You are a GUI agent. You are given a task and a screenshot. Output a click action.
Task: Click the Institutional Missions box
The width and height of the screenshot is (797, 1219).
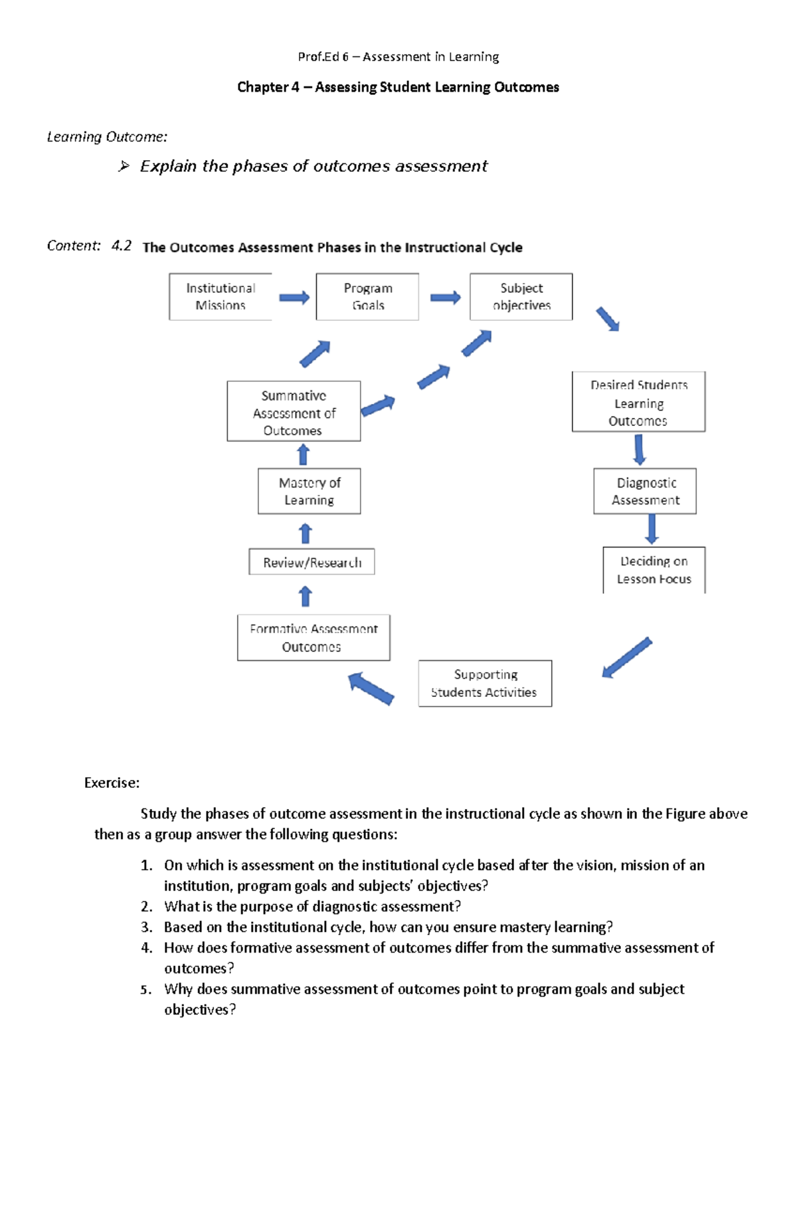[x=221, y=296]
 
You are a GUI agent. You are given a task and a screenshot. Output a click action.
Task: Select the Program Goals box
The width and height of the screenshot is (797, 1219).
[x=367, y=296]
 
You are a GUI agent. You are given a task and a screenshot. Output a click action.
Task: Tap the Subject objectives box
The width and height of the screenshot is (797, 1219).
[x=521, y=296]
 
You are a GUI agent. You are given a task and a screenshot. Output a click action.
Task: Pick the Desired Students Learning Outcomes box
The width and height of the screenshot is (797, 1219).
[x=638, y=402]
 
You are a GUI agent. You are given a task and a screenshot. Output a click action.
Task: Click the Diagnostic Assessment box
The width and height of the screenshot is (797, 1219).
[x=645, y=491]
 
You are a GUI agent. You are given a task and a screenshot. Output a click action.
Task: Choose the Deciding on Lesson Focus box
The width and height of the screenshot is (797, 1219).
[x=654, y=570]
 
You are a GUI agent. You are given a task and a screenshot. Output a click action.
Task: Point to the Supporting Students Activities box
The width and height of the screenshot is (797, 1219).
[x=485, y=683]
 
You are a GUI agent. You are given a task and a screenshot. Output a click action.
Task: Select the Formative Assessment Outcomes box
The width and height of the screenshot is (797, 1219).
[x=313, y=638]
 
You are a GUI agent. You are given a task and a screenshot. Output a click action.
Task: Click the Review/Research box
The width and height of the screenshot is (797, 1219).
[x=311, y=562]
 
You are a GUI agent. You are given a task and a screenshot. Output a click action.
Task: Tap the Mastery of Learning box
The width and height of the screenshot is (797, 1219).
[x=309, y=491]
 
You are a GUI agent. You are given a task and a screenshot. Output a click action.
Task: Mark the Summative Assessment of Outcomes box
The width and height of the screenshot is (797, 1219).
[x=294, y=412]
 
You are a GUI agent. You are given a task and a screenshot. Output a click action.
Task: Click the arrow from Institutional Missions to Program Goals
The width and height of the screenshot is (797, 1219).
[x=294, y=298]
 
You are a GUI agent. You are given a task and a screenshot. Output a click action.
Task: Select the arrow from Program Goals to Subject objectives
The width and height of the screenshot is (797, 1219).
[x=445, y=298]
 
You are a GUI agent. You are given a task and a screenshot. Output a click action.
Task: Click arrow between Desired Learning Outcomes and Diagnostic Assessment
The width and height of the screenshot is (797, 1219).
[x=639, y=450]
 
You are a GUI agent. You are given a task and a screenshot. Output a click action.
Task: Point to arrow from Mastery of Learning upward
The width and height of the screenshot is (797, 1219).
[x=304, y=454]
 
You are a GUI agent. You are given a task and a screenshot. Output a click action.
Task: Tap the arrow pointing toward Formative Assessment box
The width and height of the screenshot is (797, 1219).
[x=371, y=688]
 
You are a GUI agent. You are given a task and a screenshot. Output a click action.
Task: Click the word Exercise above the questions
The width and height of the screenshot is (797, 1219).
[x=112, y=783]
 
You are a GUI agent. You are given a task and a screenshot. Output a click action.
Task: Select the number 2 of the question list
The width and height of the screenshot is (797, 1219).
[x=146, y=907]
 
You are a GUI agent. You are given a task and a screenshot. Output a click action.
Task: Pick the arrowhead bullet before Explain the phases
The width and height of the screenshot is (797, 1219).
[x=124, y=166]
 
